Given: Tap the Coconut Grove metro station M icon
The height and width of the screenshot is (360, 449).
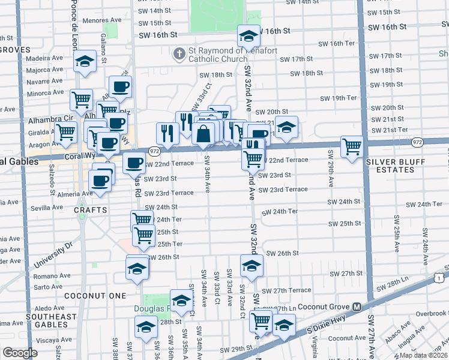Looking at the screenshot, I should click(357, 307).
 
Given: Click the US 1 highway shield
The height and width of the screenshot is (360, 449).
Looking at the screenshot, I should click(440, 277).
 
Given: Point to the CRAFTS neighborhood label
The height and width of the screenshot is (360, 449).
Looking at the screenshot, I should click(91, 210).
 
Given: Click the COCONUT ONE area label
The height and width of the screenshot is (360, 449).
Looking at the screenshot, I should click(97, 296).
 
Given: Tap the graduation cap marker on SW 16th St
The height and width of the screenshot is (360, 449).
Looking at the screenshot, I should click(248, 37).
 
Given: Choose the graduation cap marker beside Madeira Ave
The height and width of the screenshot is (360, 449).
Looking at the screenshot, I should click(85, 61).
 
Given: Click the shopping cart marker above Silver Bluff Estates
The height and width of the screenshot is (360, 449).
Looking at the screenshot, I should click(351, 146).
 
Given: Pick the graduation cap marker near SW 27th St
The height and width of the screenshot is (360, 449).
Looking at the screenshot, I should click(252, 265).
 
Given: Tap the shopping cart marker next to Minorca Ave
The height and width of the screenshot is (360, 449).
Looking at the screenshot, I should click(82, 100).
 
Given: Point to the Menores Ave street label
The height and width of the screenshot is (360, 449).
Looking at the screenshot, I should click(103, 20).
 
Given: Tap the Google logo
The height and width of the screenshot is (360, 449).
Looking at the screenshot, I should click(20, 353).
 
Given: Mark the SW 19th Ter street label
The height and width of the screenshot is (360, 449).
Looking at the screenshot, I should click(339, 98).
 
